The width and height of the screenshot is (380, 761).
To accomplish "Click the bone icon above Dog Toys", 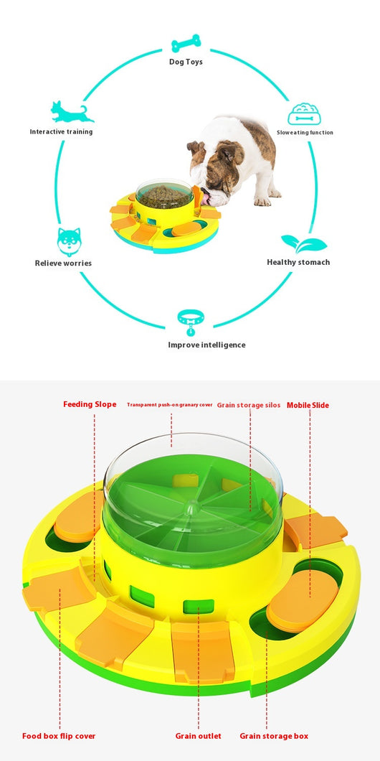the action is tap(186, 43).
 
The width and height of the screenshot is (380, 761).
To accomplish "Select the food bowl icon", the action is tap(304, 113).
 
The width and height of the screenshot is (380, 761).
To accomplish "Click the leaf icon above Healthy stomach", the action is tap(304, 243).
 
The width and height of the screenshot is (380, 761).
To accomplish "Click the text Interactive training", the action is tap(61, 131).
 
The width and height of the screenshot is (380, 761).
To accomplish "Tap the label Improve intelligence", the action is tap(206, 345).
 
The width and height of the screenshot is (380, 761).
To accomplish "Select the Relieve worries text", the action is tap(63, 263).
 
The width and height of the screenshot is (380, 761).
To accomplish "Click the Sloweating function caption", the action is tap(305, 133).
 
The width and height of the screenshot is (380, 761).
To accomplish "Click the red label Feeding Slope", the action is tap(90, 404).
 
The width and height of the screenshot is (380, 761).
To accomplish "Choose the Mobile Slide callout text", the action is tap(308, 405).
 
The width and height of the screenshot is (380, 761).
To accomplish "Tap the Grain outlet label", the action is tap(198, 737).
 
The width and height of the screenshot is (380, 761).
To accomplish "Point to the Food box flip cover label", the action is tap(59, 737).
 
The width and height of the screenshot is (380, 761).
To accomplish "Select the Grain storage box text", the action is tap(274, 737).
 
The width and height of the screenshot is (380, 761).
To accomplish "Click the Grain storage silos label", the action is tap(248, 405).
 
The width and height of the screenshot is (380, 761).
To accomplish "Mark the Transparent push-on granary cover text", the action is tap(170, 405).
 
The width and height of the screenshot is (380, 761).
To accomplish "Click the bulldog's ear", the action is tap(194, 147).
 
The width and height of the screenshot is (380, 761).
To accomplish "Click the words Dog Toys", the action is tap(186, 62).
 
